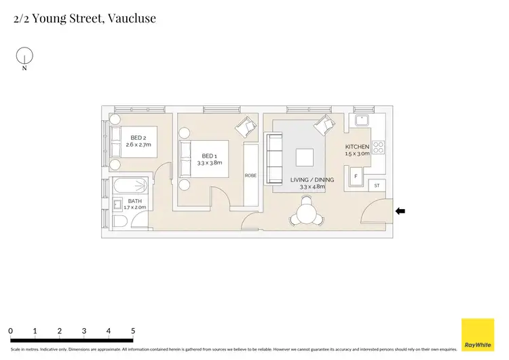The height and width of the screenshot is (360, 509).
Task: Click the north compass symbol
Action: pyautogui.click(x=24, y=56)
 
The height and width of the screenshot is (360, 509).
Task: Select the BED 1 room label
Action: pyautogui.click(x=209, y=159)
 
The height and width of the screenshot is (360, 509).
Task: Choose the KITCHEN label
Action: pyautogui.click(x=357, y=147)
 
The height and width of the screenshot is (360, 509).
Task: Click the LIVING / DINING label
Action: pyautogui.click(x=307, y=179)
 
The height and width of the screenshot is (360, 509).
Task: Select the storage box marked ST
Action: pyautogui.click(x=377, y=185)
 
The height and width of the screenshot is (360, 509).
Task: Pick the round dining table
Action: pyautogui.click(x=305, y=214)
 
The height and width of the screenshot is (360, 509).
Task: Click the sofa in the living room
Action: pyautogui.click(x=275, y=158)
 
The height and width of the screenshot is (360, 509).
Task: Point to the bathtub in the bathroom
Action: pyautogui.click(x=129, y=185)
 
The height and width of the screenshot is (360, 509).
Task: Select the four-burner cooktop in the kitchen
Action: pyautogui.click(x=377, y=147)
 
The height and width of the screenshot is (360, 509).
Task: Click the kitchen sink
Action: pyautogui.click(x=361, y=120)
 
